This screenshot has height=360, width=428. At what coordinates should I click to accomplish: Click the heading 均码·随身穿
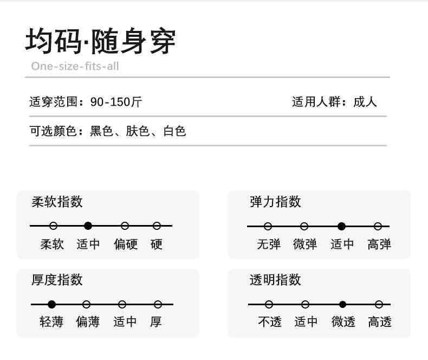point(100,41)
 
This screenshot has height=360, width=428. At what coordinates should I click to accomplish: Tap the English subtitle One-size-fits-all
point(75,66)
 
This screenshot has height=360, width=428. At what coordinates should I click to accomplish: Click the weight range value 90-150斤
point(116,102)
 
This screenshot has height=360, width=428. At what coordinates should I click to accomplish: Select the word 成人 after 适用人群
point(365,102)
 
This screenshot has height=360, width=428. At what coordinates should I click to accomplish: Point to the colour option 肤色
point(138,131)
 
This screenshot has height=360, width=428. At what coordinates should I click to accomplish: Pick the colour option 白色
point(174,131)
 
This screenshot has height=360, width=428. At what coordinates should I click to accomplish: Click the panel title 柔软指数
point(57,202)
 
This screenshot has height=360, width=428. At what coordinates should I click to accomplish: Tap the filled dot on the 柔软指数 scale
point(88,226)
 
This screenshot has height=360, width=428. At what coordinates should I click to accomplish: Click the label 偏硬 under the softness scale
point(126,244)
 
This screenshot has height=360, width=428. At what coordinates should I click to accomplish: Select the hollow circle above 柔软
point(53,226)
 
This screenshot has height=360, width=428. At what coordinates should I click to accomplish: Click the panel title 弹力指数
point(275,202)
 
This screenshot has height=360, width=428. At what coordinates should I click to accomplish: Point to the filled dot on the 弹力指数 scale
point(341,227)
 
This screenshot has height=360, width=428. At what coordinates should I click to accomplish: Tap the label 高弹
point(379,244)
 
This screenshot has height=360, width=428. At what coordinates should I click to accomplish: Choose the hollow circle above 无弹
point(268,227)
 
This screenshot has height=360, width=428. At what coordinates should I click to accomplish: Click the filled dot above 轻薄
point(51,304)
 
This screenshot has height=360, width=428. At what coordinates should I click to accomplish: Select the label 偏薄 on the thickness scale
point(88,322)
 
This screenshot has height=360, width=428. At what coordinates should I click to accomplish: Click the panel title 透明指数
point(275,280)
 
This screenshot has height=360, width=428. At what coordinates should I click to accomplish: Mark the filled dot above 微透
point(342,304)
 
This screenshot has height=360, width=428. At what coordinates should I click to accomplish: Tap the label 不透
point(270,322)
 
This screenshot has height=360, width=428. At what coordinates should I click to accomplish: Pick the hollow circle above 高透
point(379,304)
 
